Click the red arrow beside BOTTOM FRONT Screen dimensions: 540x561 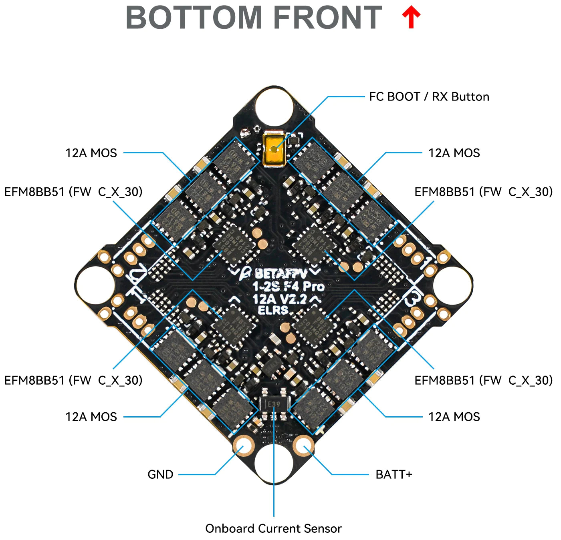click(x=411, y=18)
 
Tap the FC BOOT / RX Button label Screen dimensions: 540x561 click(x=429, y=97)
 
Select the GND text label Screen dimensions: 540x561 click(x=160, y=474)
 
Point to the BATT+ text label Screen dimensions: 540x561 click(x=394, y=474)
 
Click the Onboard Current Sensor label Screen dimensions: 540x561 click(x=273, y=528)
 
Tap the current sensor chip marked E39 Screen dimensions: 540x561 click(x=274, y=404)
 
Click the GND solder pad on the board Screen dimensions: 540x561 click(x=244, y=446)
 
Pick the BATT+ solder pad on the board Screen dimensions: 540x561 click(x=304, y=446)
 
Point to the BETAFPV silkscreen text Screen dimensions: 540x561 click(x=280, y=274)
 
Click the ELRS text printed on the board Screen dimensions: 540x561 click(x=273, y=310)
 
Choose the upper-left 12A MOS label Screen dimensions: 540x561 click(x=91, y=153)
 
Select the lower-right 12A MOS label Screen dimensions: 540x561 click(x=454, y=417)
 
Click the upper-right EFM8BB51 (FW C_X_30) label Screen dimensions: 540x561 click(x=483, y=192)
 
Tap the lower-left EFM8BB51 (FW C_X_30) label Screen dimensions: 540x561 click(x=73, y=380)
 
